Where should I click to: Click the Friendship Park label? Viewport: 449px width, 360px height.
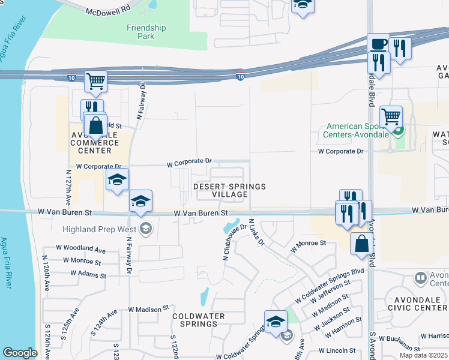pyautogui.click(x=146, y=32)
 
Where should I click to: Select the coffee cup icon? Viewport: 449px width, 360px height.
pyautogui.click(x=378, y=44)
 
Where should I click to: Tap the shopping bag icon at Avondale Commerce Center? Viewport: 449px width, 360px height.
pyautogui.click(x=95, y=126)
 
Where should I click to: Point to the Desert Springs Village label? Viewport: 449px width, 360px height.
pyautogui.click(x=229, y=190)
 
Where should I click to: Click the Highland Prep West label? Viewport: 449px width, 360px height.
pyautogui.click(x=100, y=229)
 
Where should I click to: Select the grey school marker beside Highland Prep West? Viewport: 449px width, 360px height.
pyautogui.click(x=145, y=228)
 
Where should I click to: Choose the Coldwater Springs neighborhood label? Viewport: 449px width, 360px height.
pyautogui.click(x=199, y=320)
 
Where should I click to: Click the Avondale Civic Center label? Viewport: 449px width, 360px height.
pyautogui.click(x=418, y=308)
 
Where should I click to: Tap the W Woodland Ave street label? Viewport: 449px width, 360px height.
pyautogui.click(x=80, y=248)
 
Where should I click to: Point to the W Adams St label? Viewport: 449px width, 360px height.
pyautogui.click(x=88, y=274)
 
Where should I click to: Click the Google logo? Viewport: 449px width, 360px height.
pyautogui.click(x=20, y=352)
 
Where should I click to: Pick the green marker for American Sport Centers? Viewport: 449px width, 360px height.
pyautogui.click(x=397, y=130)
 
